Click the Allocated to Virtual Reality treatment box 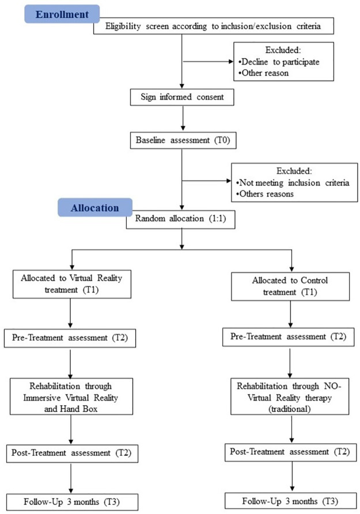(70, 284)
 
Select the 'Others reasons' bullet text (266, 194)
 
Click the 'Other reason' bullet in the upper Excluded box (264, 74)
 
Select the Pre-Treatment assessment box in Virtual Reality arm (70, 337)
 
